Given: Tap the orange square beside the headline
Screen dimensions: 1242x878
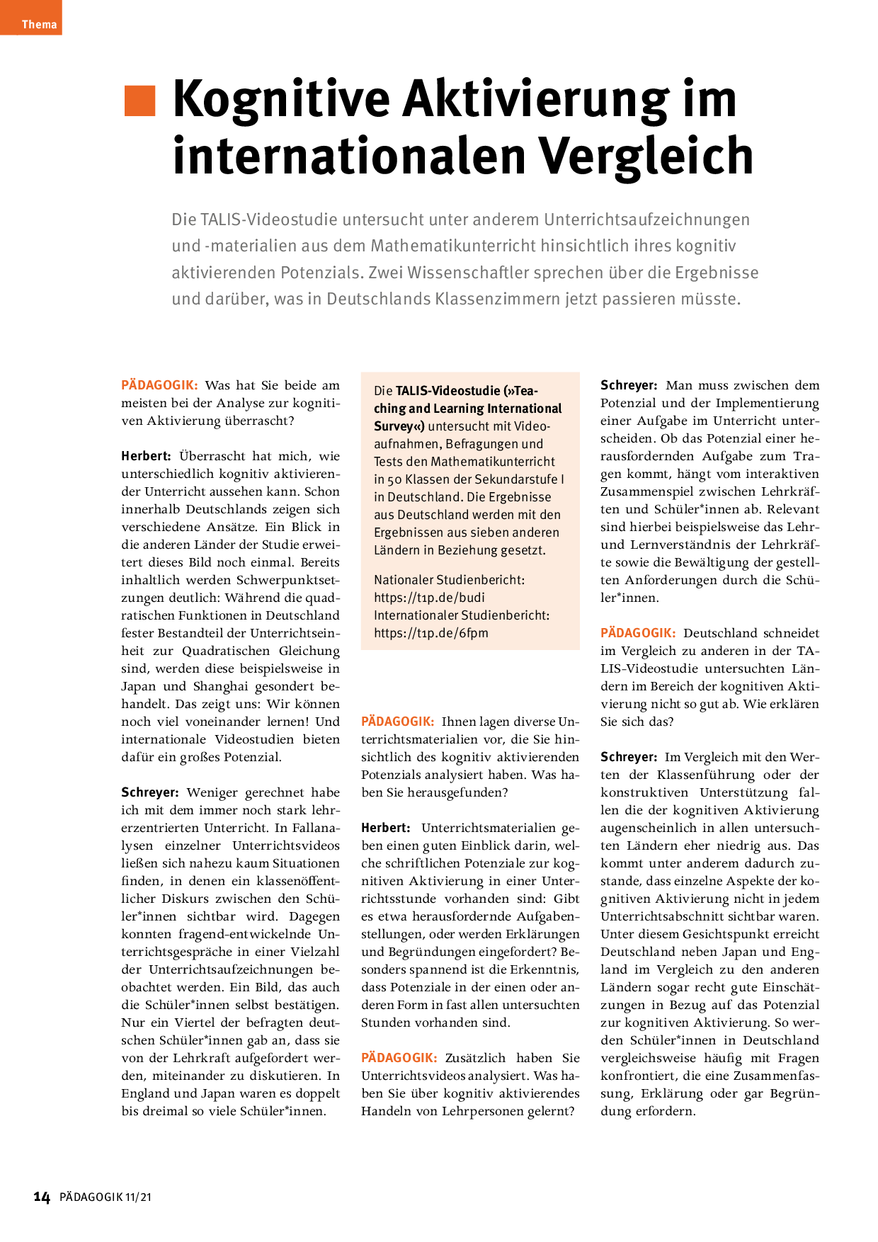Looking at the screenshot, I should point(139,101).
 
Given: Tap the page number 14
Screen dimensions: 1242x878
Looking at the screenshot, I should point(42,1197).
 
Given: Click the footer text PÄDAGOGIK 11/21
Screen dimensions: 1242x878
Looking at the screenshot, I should point(106,1197).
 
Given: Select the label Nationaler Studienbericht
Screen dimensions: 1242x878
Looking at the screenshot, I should point(449,580).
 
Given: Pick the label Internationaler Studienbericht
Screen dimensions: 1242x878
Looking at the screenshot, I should point(462,615).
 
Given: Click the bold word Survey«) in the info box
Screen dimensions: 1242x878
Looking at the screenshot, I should point(399,426).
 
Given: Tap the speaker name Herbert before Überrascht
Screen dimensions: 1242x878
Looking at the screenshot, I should point(146,456).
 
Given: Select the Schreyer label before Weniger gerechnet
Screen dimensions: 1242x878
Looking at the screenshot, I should point(149,792).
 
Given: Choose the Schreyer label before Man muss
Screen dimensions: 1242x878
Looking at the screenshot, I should point(629,385).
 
